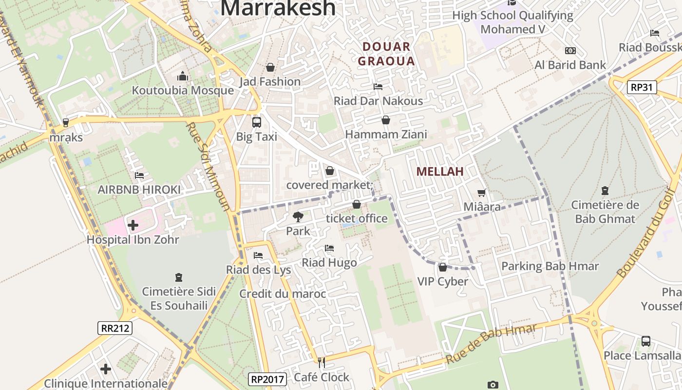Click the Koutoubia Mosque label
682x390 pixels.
click(183, 91)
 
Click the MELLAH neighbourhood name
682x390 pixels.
click(440, 172)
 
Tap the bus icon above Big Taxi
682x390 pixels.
click(256, 122)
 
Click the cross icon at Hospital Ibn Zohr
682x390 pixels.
click(133, 225)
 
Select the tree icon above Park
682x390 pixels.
click(298, 216)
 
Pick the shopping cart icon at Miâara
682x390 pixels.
click(482, 193)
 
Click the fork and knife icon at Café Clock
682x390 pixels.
click(321, 362)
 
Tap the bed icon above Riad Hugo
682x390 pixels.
click(329, 248)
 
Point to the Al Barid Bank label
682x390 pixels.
click(570, 65)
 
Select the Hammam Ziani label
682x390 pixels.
click(386, 134)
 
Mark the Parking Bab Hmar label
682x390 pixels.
click(550, 266)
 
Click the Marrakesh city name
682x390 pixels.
click(278, 8)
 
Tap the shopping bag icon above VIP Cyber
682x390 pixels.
click(442, 267)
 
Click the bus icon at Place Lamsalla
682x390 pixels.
click(645, 341)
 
